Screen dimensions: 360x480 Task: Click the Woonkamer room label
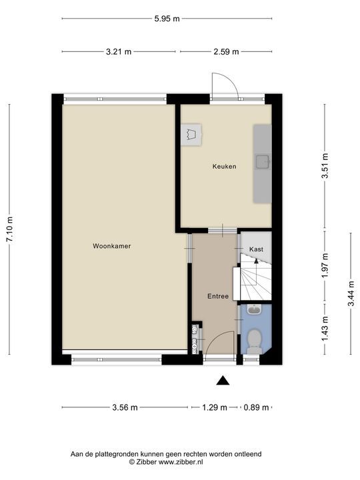tap(112, 246)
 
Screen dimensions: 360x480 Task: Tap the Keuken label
tap(225, 167)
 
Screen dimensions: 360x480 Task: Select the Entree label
tap(218, 296)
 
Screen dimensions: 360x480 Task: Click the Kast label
tap(256, 249)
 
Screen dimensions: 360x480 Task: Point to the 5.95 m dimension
tap(167, 19)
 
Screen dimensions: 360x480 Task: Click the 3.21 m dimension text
tap(119, 52)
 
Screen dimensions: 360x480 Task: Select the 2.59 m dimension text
tap(226, 52)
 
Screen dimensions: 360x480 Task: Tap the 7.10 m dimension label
tap(10, 229)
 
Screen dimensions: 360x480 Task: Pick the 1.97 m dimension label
tap(325, 265)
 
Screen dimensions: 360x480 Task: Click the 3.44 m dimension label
tap(351, 293)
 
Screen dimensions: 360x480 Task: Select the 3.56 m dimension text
tap(125, 407)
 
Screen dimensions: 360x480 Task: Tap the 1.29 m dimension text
tap(215, 407)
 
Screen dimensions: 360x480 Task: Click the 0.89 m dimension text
tap(256, 407)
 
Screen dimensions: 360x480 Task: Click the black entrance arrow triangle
tap(223, 381)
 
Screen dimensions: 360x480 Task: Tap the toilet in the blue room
tap(254, 341)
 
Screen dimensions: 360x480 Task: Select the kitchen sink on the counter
tap(263, 162)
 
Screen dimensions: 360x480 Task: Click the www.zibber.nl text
tap(181, 462)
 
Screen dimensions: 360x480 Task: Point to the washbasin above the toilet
tap(254, 310)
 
